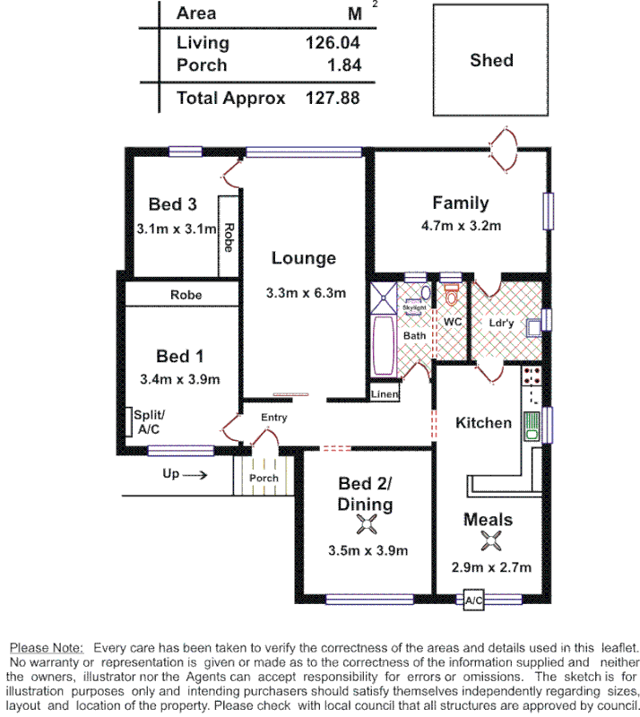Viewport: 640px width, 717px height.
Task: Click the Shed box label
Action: (x=491, y=60)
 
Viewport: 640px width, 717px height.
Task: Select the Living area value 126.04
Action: (x=332, y=42)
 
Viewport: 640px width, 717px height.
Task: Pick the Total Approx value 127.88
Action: (x=332, y=98)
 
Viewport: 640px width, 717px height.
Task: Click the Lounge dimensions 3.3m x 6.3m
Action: (x=306, y=292)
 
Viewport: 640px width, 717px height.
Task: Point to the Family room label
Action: (x=460, y=203)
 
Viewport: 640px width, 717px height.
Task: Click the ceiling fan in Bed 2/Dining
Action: (x=366, y=526)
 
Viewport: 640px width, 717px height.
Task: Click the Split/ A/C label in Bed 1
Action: (x=149, y=422)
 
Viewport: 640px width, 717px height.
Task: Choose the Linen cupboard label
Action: (x=385, y=394)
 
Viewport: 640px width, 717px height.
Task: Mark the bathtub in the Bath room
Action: (x=383, y=348)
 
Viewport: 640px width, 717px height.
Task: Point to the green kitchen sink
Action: (x=531, y=424)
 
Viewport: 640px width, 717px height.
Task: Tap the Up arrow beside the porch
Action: (x=185, y=474)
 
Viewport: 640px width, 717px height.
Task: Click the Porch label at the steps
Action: (x=264, y=478)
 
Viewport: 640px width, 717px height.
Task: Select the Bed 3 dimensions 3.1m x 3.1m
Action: (x=177, y=229)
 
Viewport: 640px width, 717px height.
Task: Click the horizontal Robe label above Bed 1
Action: (x=186, y=294)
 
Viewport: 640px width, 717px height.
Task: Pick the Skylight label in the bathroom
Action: (x=413, y=307)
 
